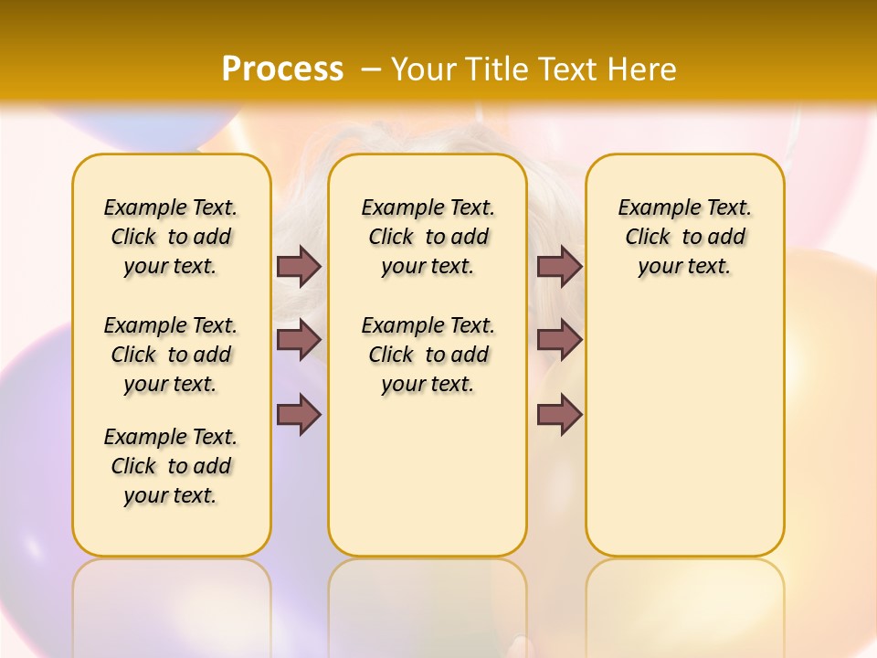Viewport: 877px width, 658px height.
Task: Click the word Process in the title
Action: click(282, 69)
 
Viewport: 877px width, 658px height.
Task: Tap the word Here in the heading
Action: click(645, 69)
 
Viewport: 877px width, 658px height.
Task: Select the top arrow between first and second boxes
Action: click(298, 266)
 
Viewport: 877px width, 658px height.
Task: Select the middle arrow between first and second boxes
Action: click(298, 340)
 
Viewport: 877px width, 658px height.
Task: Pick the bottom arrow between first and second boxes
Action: click(298, 414)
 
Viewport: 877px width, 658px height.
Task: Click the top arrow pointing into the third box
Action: click(559, 266)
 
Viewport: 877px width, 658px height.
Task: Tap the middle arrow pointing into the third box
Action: click(559, 340)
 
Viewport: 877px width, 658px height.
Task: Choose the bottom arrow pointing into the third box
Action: click(559, 414)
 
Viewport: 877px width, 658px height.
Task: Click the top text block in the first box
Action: click(171, 237)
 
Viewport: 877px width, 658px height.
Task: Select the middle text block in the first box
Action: click(171, 355)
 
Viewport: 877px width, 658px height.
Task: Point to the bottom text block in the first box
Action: click(171, 466)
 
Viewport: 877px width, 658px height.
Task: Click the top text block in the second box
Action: click(428, 237)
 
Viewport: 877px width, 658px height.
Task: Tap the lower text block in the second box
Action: click(428, 355)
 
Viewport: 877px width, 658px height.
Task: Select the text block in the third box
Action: click(684, 237)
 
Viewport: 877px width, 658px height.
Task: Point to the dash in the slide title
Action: click(372, 69)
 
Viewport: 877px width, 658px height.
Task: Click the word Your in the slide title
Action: click(424, 69)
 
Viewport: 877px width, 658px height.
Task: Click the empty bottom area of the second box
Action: click(428, 484)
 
